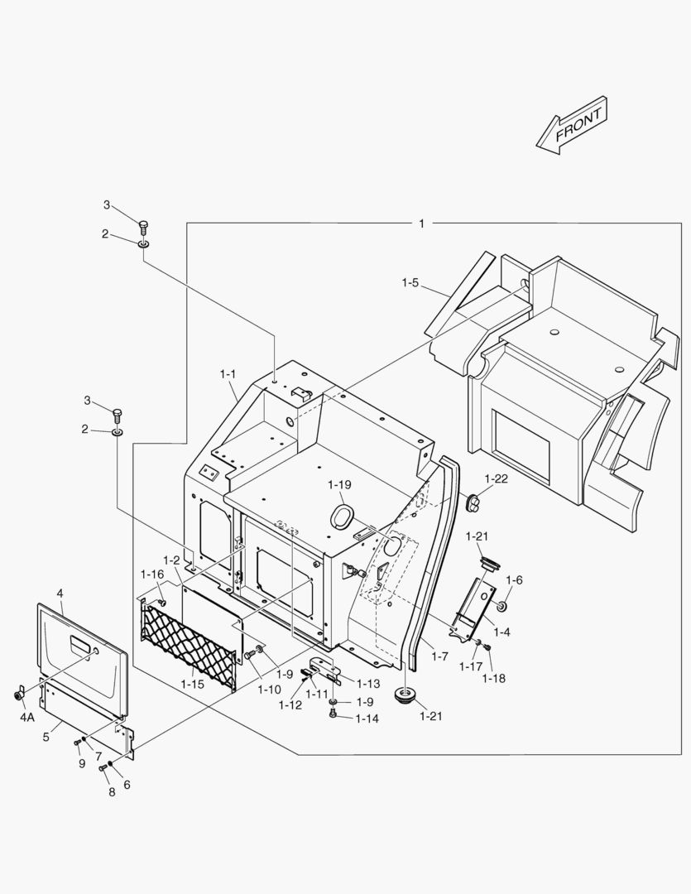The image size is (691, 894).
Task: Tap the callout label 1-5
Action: pos(411,283)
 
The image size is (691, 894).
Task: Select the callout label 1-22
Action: pos(496,478)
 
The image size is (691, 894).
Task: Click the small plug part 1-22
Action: pos(476,500)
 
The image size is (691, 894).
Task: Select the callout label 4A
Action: pos(27,717)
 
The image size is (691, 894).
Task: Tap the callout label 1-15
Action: pos(192,684)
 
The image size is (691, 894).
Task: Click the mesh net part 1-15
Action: pos(189,642)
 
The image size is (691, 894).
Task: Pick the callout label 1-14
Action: pos(367,719)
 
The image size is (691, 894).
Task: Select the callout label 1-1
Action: pos(228,374)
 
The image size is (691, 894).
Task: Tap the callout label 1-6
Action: pos(514,580)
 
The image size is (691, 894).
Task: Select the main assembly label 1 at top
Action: pos(421,223)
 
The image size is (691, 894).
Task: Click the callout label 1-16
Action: pos(152,574)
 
